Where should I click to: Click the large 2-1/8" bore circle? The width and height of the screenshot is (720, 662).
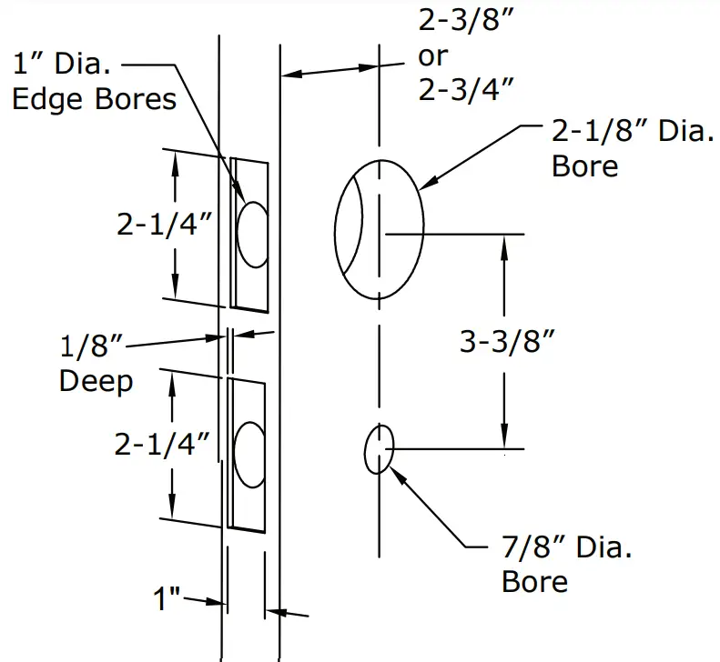pyautogui.click(x=380, y=232)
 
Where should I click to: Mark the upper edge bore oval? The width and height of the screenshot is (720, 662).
pyautogui.click(x=252, y=231)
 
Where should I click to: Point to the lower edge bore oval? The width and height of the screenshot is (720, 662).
pyautogui.click(x=250, y=451)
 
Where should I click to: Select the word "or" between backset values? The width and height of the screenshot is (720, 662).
pyautogui.click(x=433, y=55)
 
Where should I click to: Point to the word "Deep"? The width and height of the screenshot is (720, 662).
pyautogui.click(x=96, y=380)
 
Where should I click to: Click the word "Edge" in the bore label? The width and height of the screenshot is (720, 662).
pyautogui.click(x=49, y=97)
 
